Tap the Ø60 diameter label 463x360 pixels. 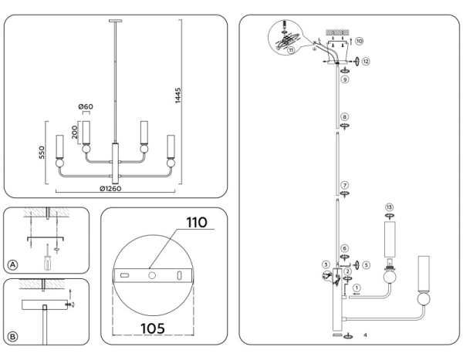pyautogui.click(x=86, y=106)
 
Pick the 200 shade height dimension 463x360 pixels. pyautogui.click(x=73, y=133)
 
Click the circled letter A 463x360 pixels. pyautogui.click(x=12, y=264)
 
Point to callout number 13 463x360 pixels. pyautogui.click(x=389, y=207)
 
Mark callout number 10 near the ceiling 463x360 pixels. pyautogui.click(x=359, y=40)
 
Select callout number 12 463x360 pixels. pyautogui.click(x=365, y=60)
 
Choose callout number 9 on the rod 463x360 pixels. pyautogui.click(x=346, y=79)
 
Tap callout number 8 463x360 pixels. pyautogui.click(x=346, y=118)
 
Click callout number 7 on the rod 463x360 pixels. pyautogui.click(x=346, y=185)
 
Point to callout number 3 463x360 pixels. pyautogui.click(x=326, y=265)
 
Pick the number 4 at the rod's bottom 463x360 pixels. pyautogui.click(x=363, y=335)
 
